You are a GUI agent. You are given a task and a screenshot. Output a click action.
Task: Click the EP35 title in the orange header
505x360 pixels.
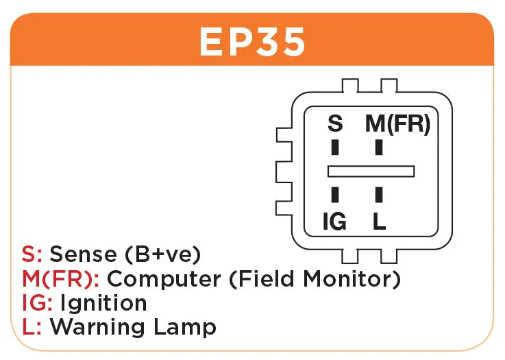[252, 43]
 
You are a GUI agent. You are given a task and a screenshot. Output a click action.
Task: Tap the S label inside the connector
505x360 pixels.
[335, 124]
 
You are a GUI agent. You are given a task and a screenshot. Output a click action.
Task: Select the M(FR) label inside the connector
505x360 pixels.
[397, 124]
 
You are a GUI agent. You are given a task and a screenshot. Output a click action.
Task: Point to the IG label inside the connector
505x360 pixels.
[334, 221]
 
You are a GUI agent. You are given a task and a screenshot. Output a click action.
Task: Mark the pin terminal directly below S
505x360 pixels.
[335, 148]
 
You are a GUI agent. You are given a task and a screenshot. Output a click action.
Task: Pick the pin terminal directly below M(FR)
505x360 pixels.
[378, 148]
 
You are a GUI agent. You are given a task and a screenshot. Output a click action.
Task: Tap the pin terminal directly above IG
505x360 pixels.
[335, 194]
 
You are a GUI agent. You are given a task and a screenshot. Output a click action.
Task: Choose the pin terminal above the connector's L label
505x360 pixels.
[378, 194]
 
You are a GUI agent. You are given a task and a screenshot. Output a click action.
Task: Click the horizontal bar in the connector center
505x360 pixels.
[371, 171]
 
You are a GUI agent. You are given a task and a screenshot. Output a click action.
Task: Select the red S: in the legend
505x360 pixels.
[32, 254]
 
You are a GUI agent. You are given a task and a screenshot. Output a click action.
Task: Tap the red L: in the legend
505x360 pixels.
[32, 327]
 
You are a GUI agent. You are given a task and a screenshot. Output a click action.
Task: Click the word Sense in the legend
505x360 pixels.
[84, 254]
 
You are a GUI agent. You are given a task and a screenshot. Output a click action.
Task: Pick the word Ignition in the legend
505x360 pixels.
[103, 303]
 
